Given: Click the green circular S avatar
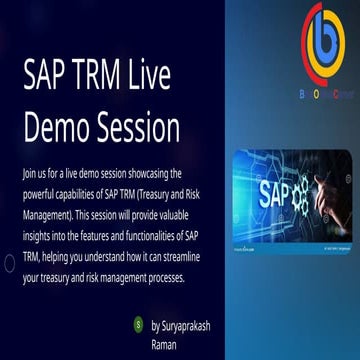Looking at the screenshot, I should (x=137, y=324).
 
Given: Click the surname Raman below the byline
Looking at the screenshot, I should (x=164, y=343).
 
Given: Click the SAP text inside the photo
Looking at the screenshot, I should (x=276, y=192).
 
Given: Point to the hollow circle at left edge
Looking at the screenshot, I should (x=8, y=263).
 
